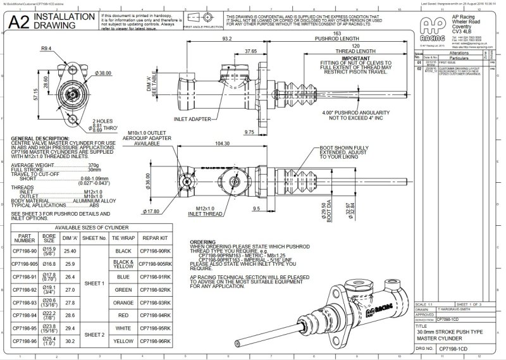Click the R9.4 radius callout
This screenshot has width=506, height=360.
(46, 49)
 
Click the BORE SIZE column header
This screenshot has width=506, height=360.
(50, 237)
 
